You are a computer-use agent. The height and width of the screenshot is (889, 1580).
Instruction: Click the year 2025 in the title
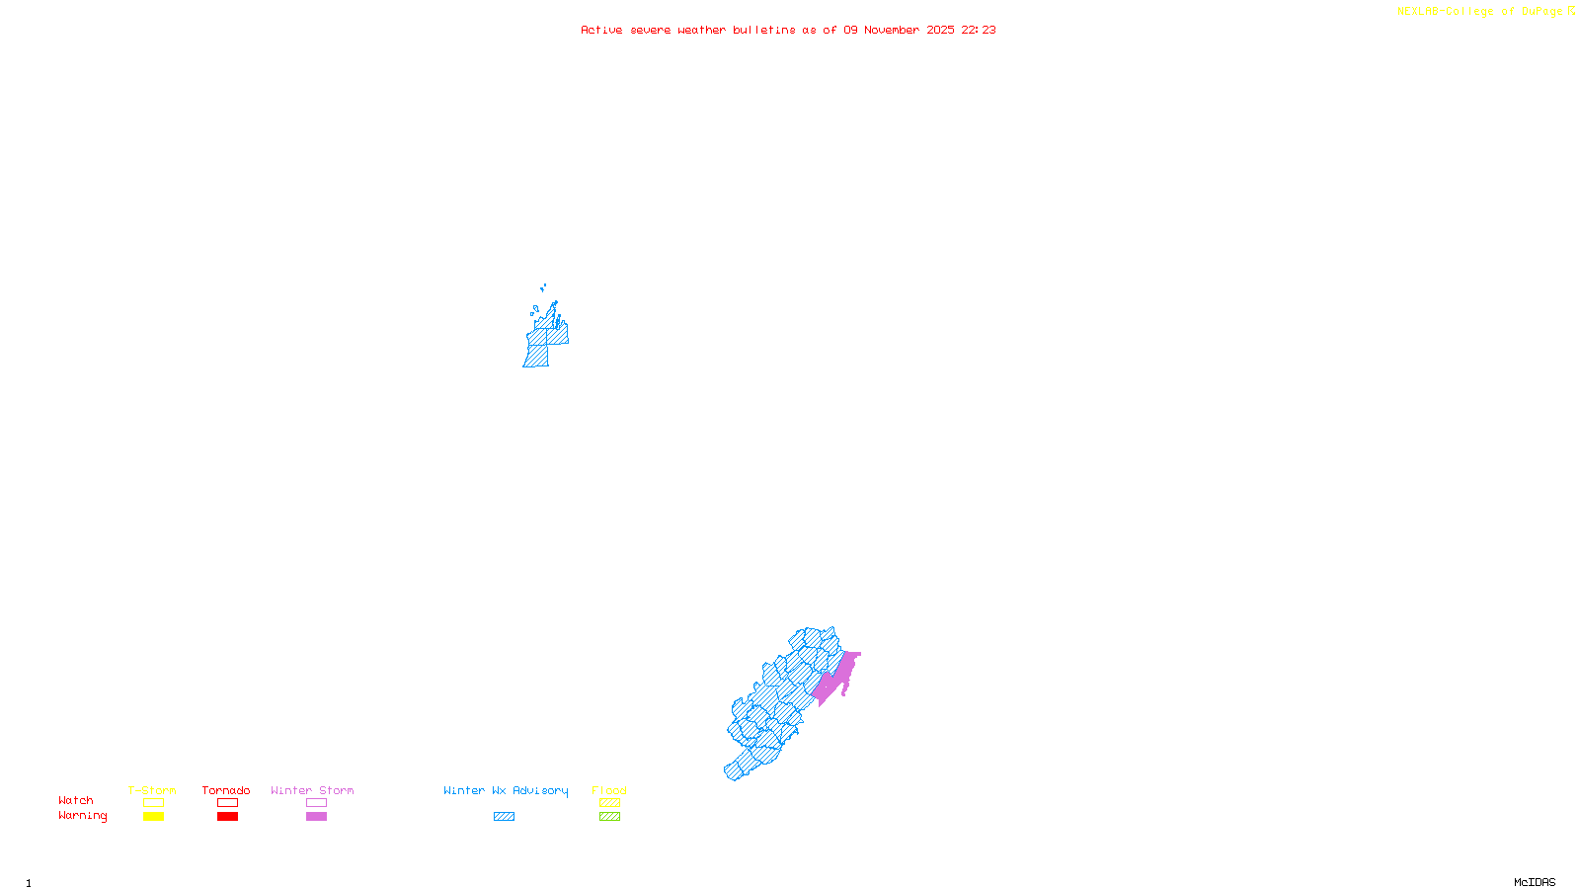940,30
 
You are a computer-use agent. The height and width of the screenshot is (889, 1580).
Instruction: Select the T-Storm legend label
152,790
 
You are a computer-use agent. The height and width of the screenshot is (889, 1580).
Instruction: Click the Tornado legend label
226,790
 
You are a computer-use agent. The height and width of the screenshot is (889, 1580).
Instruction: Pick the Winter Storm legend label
312,790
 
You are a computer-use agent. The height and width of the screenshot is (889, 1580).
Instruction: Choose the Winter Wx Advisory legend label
506,790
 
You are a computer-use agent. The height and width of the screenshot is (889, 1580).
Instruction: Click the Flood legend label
609,790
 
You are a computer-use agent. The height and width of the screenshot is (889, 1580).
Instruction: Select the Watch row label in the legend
76,800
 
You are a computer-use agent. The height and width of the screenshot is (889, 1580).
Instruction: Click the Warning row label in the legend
83,816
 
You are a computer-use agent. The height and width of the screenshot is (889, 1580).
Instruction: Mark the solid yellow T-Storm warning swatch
153,817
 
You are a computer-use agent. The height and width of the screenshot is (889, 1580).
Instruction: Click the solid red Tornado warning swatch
227,817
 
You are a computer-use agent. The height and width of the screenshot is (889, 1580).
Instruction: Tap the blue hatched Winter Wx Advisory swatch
504,817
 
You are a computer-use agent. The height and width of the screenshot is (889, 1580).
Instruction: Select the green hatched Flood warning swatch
609,817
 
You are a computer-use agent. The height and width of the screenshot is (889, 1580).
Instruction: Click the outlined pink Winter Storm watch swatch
316,803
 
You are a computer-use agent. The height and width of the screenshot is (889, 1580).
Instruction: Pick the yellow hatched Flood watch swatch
609,803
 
